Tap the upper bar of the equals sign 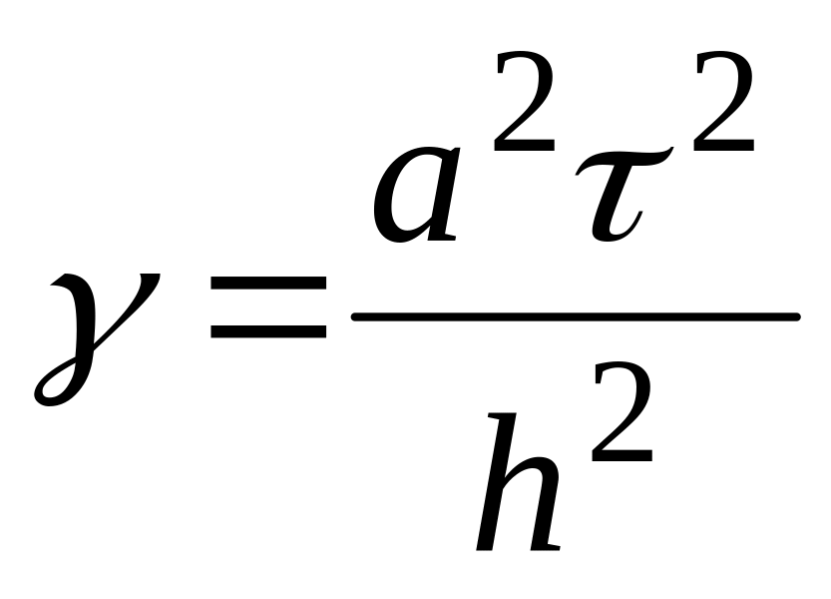pos(268,286)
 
